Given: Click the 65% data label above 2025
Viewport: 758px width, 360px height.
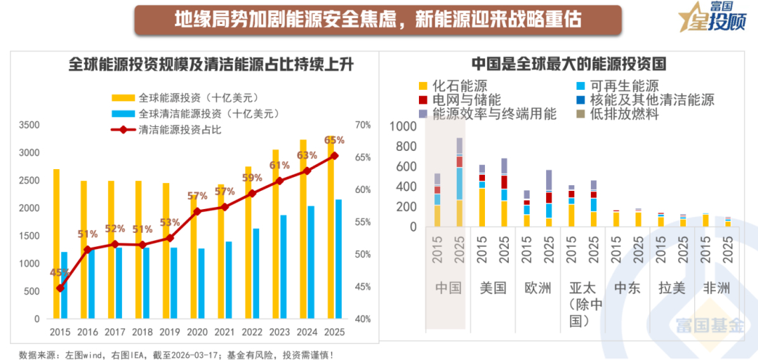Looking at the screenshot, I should pos(334,140).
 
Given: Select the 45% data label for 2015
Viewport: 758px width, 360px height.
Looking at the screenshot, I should pos(60,272).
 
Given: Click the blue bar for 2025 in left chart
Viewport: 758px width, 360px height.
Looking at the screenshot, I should pos(339,259).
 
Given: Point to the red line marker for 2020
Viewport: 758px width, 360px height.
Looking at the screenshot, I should pos(197,211).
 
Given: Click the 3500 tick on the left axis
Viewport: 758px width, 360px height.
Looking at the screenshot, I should pos(29,125).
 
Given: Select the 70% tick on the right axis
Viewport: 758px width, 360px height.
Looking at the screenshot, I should pos(363,125).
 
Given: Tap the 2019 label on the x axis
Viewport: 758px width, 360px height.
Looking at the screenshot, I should pos(171,332).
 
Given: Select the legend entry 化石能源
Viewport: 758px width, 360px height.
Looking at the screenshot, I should pos(460,86).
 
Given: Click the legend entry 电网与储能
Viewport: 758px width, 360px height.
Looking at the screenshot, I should pos(466,100).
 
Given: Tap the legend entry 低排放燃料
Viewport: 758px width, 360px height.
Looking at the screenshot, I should pos(625,113).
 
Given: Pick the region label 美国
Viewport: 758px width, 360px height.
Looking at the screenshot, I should pos(493,288).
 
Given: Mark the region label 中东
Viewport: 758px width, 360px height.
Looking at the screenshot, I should pos(627,288).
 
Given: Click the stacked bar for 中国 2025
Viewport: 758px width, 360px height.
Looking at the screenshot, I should pos(459,182).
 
